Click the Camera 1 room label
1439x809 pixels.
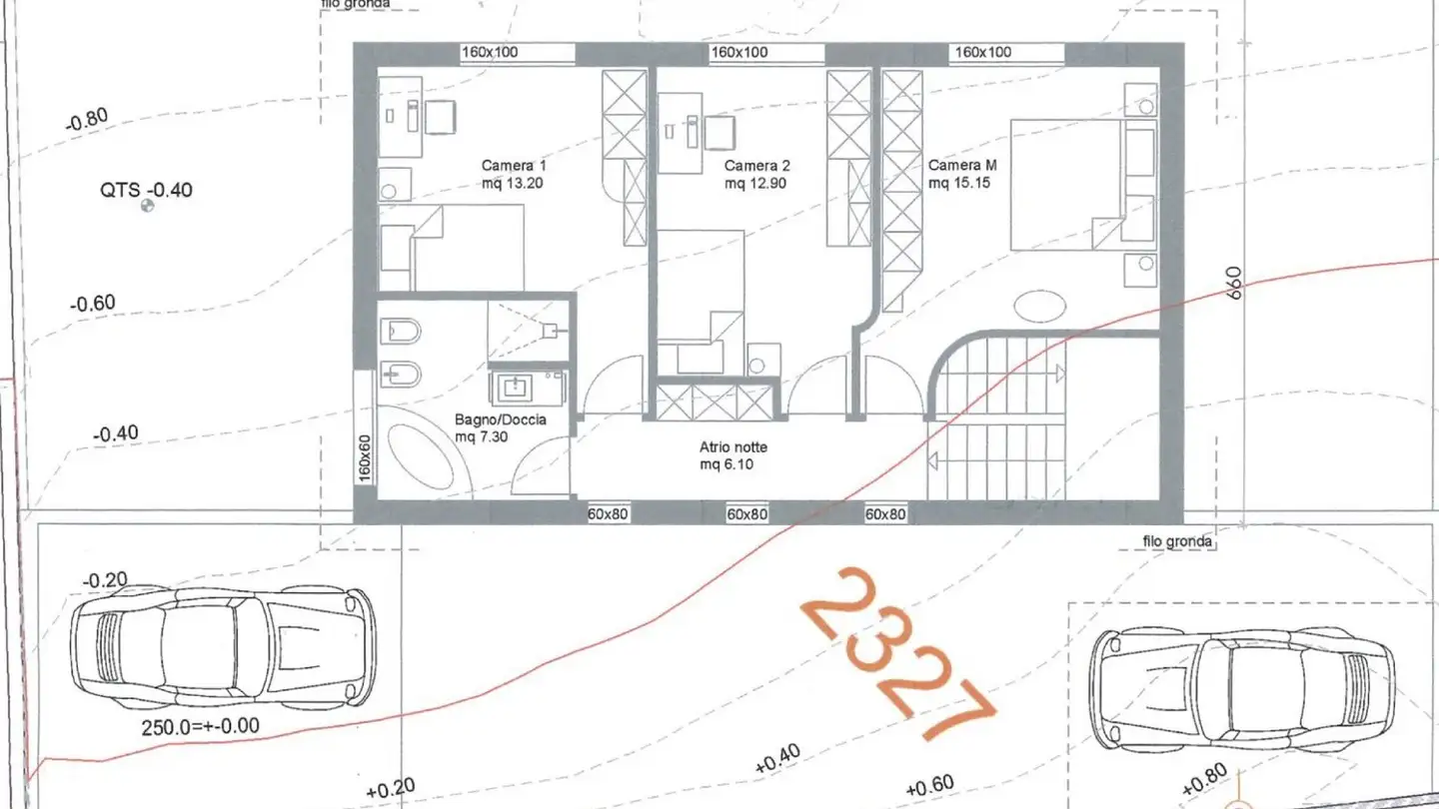click(514, 174)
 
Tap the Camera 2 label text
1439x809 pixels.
click(756, 174)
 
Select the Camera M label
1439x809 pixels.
click(961, 174)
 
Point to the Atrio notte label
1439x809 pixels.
click(733, 456)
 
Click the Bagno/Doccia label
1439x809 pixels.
click(500, 427)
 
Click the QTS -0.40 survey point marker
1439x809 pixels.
click(148, 207)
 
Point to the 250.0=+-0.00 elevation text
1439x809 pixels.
click(200, 726)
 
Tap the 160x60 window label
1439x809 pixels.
click(365, 456)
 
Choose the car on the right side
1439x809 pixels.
click(1242, 689)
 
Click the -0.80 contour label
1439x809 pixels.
click(86, 121)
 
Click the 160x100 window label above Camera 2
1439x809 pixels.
click(738, 52)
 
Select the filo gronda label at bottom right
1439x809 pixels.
click(1177, 542)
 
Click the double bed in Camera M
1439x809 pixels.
click(1069, 185)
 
